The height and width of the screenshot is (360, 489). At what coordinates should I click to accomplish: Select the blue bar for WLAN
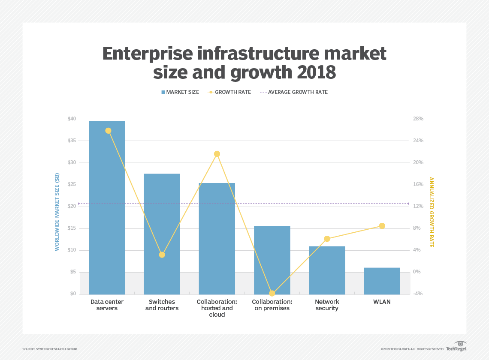[x=382, y=281]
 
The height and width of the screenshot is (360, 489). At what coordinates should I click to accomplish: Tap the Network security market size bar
[x=327, y=270]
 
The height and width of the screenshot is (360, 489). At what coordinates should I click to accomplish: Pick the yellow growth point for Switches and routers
[x=162, y=255]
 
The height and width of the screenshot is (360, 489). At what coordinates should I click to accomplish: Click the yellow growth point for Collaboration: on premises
[x=272, y=294]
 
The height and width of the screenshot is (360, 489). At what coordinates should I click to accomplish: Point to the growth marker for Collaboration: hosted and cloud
[x=217, y=154]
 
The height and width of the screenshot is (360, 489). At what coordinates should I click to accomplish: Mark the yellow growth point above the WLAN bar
[x=382, y=226]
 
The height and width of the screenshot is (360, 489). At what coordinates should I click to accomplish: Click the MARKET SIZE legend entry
[x=180, y=92]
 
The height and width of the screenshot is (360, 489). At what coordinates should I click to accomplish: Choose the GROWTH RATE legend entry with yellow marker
[x=229, y=92]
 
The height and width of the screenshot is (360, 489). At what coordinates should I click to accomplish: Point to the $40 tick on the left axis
[x=72, y=119]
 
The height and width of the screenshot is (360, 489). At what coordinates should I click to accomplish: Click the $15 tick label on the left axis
[x=72, y=228]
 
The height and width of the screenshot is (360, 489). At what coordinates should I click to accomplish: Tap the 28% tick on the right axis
[x=418, y=119]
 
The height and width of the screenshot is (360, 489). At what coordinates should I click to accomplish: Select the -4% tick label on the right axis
[x=418, y=294]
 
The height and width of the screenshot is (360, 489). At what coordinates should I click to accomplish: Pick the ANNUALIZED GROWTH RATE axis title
[x=432, y=212]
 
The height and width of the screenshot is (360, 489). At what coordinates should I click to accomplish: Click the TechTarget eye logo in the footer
[x=460, y=344]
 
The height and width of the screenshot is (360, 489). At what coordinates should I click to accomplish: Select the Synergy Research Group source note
[x=50, y=349]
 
